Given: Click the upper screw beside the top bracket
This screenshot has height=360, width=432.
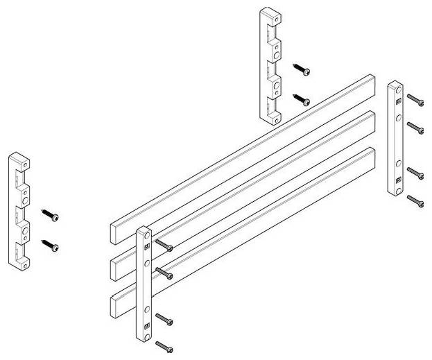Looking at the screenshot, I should [302, 69].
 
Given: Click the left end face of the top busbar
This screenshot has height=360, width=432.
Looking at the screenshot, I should [115, 232].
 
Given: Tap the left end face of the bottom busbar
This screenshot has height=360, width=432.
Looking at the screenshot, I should [115, 304].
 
